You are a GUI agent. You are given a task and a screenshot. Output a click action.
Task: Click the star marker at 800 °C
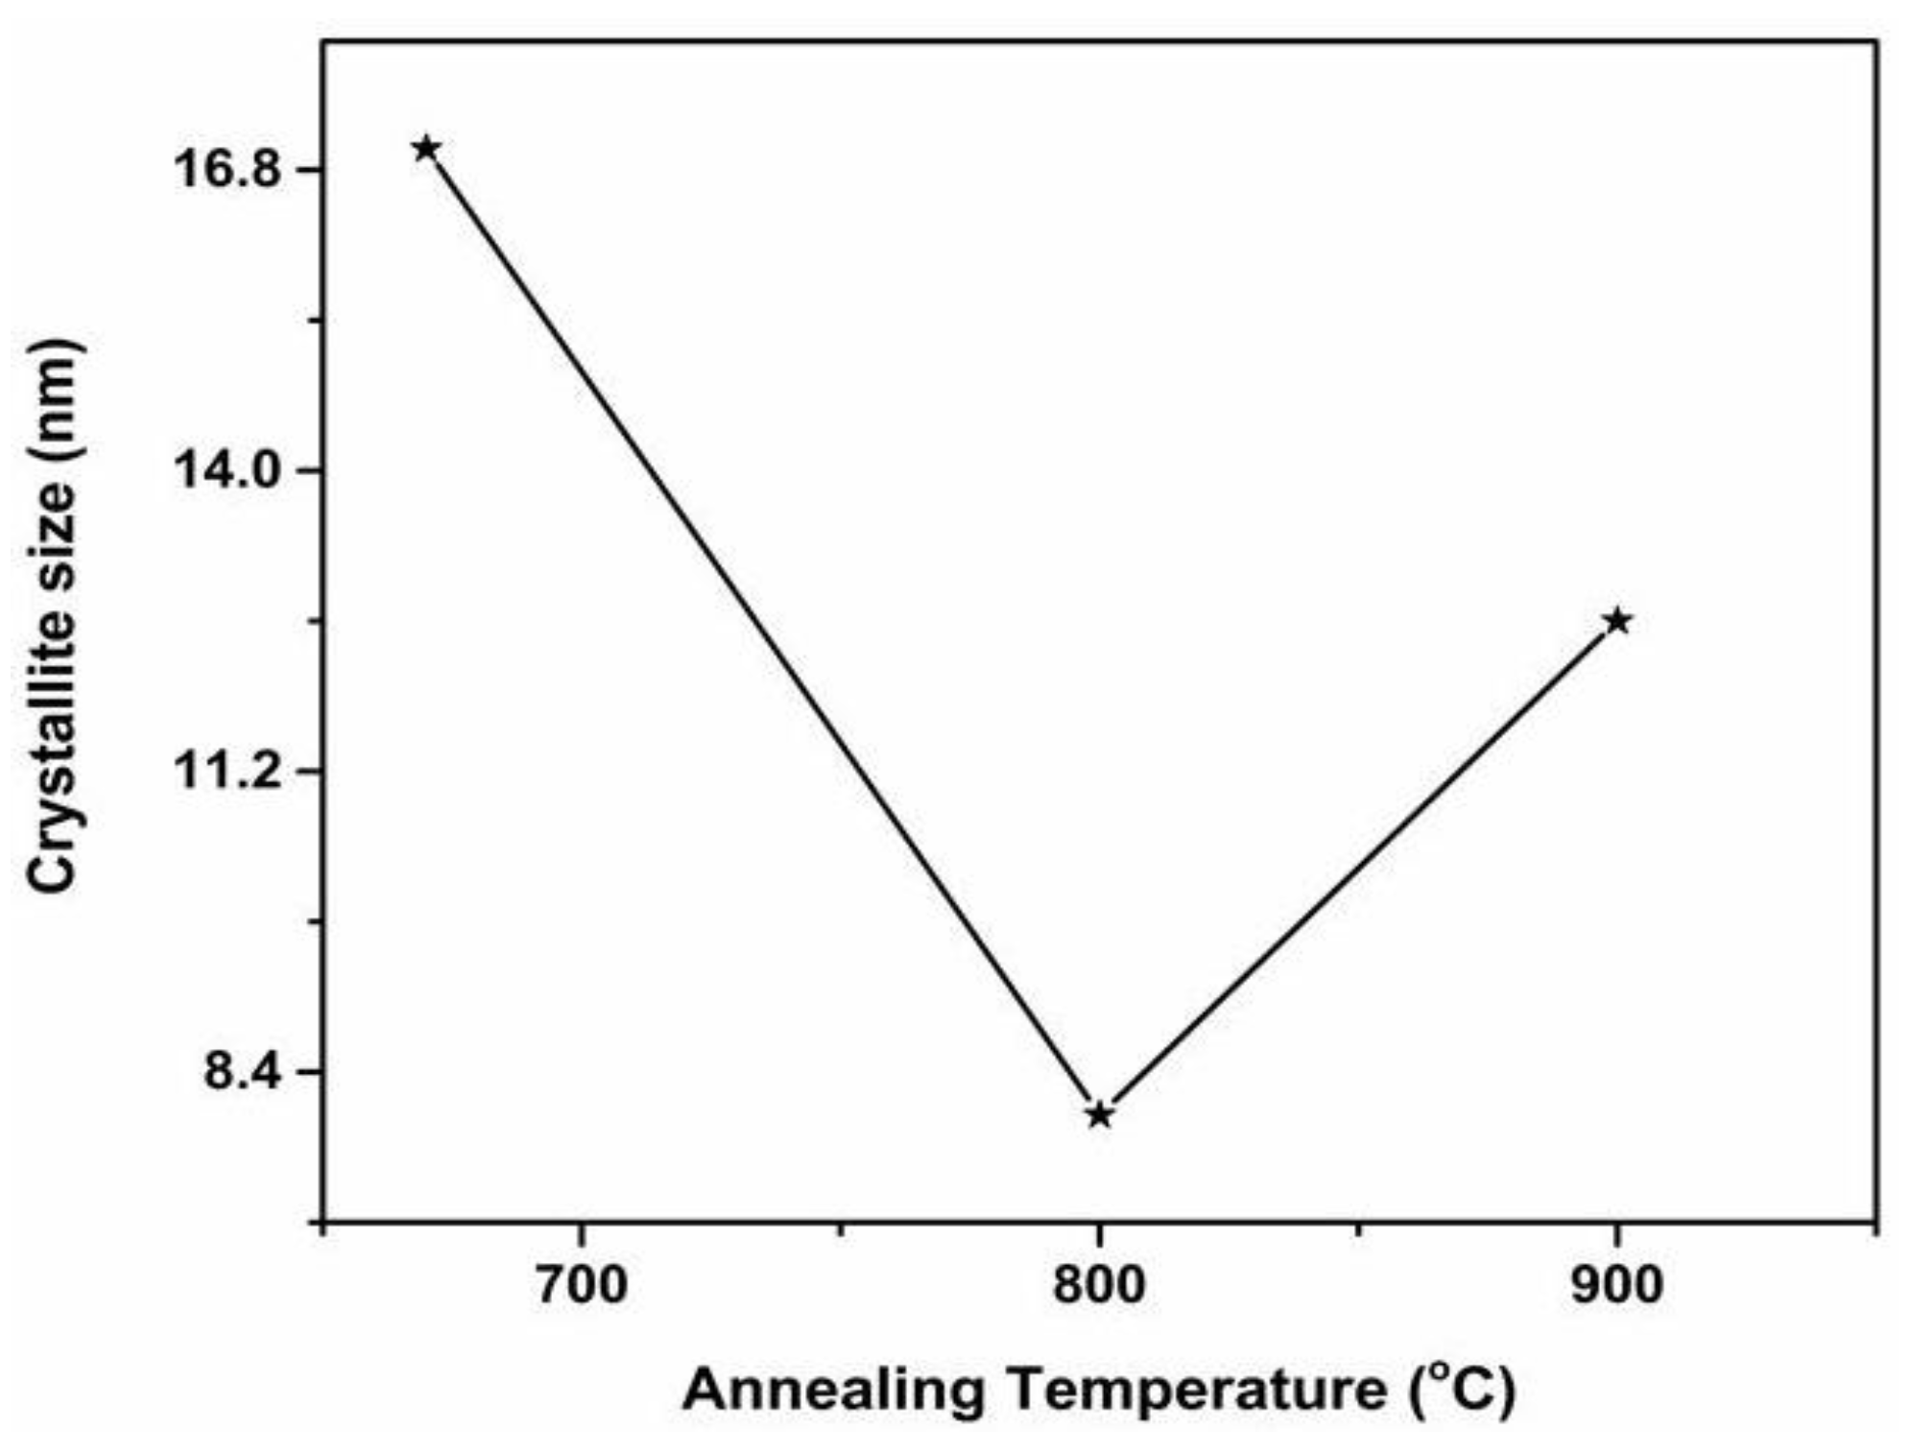1099,1114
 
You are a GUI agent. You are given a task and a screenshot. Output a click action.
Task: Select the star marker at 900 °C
1617,621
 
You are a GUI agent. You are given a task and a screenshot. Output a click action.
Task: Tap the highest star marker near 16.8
426,149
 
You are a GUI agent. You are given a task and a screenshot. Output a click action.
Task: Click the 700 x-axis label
581,1286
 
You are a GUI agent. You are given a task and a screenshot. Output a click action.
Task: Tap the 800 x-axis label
1099,1286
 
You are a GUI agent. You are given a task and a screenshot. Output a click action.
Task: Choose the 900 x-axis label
1617,1286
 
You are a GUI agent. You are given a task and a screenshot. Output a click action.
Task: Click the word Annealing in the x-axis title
833,1390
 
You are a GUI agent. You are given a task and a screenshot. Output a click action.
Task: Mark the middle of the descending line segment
763,632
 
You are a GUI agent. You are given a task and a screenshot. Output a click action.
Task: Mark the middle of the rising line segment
1358,868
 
